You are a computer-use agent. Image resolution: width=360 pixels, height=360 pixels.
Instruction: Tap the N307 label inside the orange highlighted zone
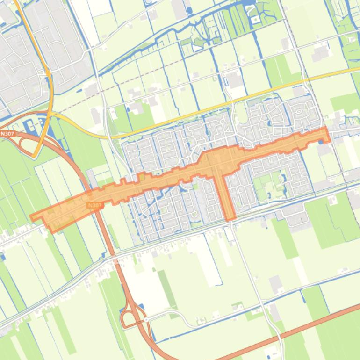[94, 205]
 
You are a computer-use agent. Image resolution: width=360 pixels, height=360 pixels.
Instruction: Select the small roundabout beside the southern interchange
[146, 320]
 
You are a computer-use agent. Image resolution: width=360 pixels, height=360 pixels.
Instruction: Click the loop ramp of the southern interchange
[128, 318]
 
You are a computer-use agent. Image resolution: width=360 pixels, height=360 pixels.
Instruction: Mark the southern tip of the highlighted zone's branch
[230, 219]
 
